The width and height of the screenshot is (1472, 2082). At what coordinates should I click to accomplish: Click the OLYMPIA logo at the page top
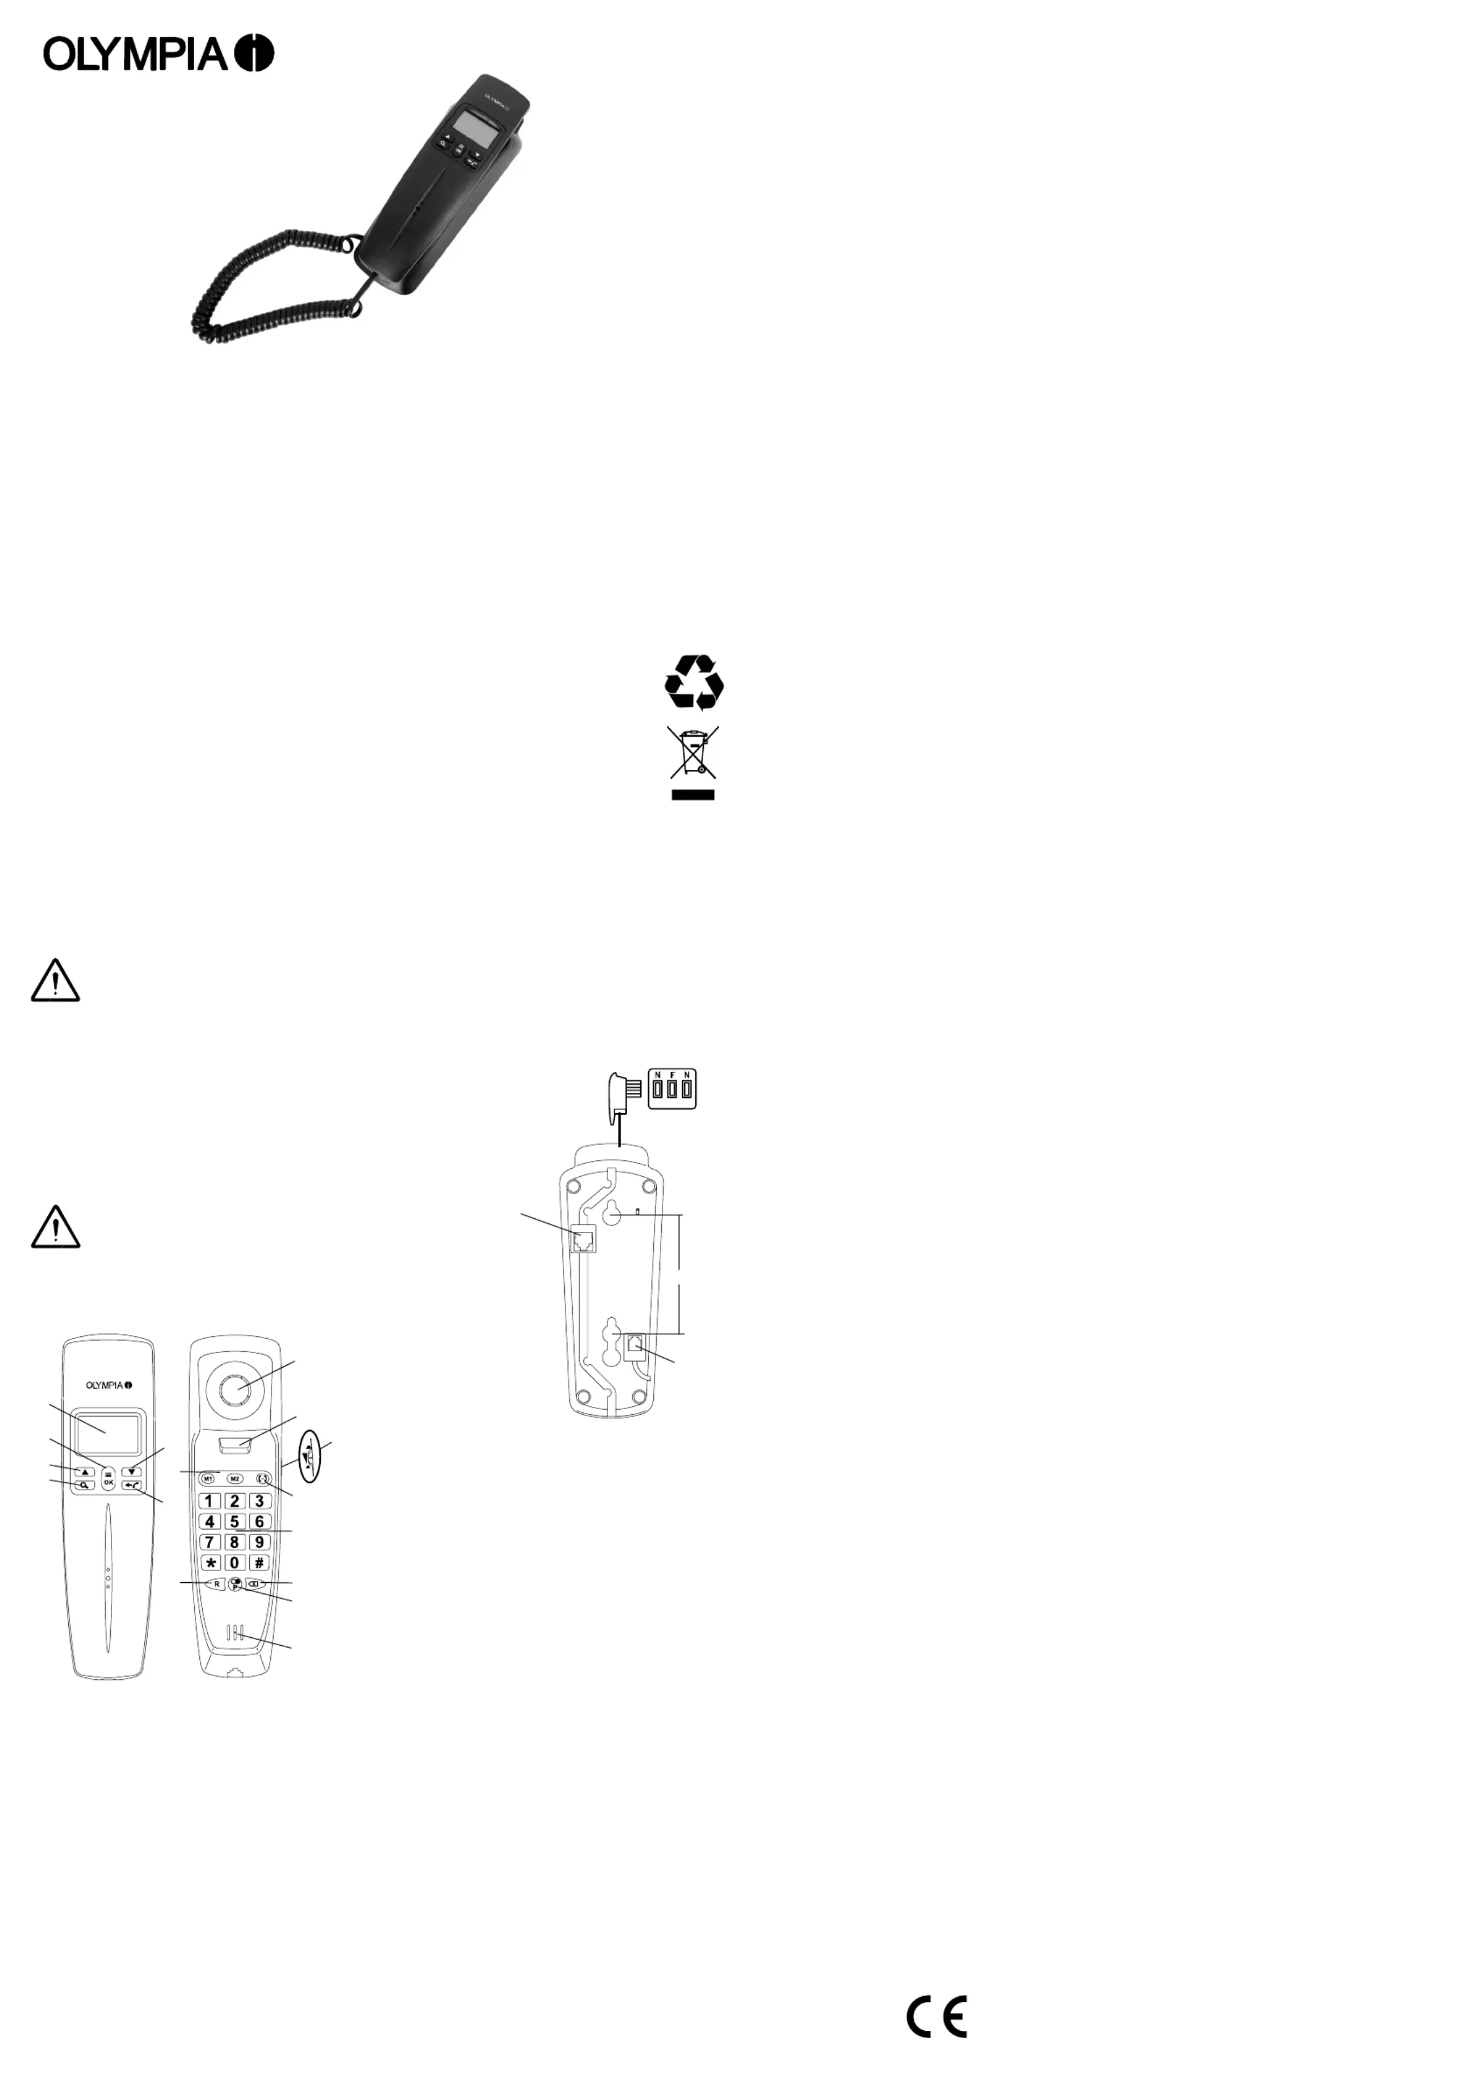159,54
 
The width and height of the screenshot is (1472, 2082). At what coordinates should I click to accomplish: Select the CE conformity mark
937,2016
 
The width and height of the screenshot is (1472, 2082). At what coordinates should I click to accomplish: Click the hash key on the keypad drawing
259,1562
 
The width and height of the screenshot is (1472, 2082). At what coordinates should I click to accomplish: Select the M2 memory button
234,1479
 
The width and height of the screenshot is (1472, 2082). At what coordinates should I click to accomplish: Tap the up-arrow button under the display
85,1472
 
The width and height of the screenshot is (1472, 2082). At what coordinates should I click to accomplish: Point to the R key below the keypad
216,1583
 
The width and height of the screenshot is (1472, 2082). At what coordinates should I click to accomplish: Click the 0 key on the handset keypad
234,1562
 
